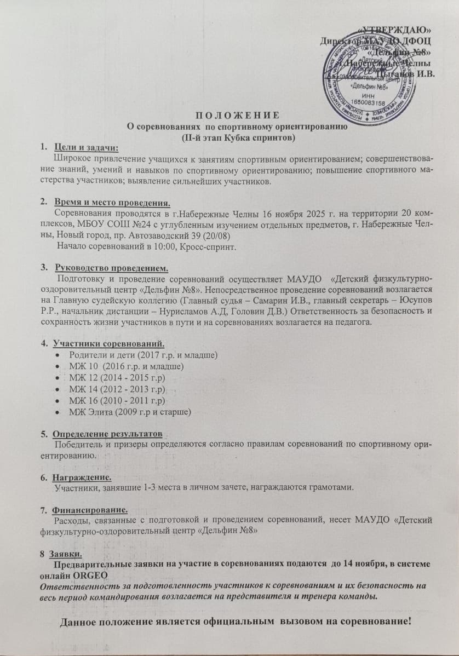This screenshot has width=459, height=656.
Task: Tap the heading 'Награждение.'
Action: [x=83, y=477]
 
